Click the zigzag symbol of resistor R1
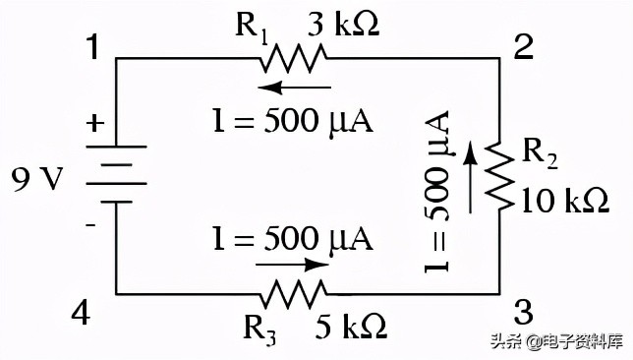pos(293,59)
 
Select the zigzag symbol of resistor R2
pos(499,175)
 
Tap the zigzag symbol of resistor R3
pos(293,294)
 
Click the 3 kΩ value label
pos(343,25)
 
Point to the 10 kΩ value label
pos(565,200)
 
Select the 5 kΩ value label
pos(350,326)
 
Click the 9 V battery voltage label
pos(37,179)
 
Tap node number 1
pos(93,47)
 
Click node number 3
pos(524,312)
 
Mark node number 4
pos(81,313)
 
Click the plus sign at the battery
pos(95,122)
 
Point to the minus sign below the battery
pos(91,224)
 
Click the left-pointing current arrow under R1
pos(294,87)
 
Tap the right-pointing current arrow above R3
pos(292,265)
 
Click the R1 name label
pos(252,29)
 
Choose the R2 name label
pos(541,155)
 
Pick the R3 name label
pos(259,330)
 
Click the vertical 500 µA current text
pos(437,192)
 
